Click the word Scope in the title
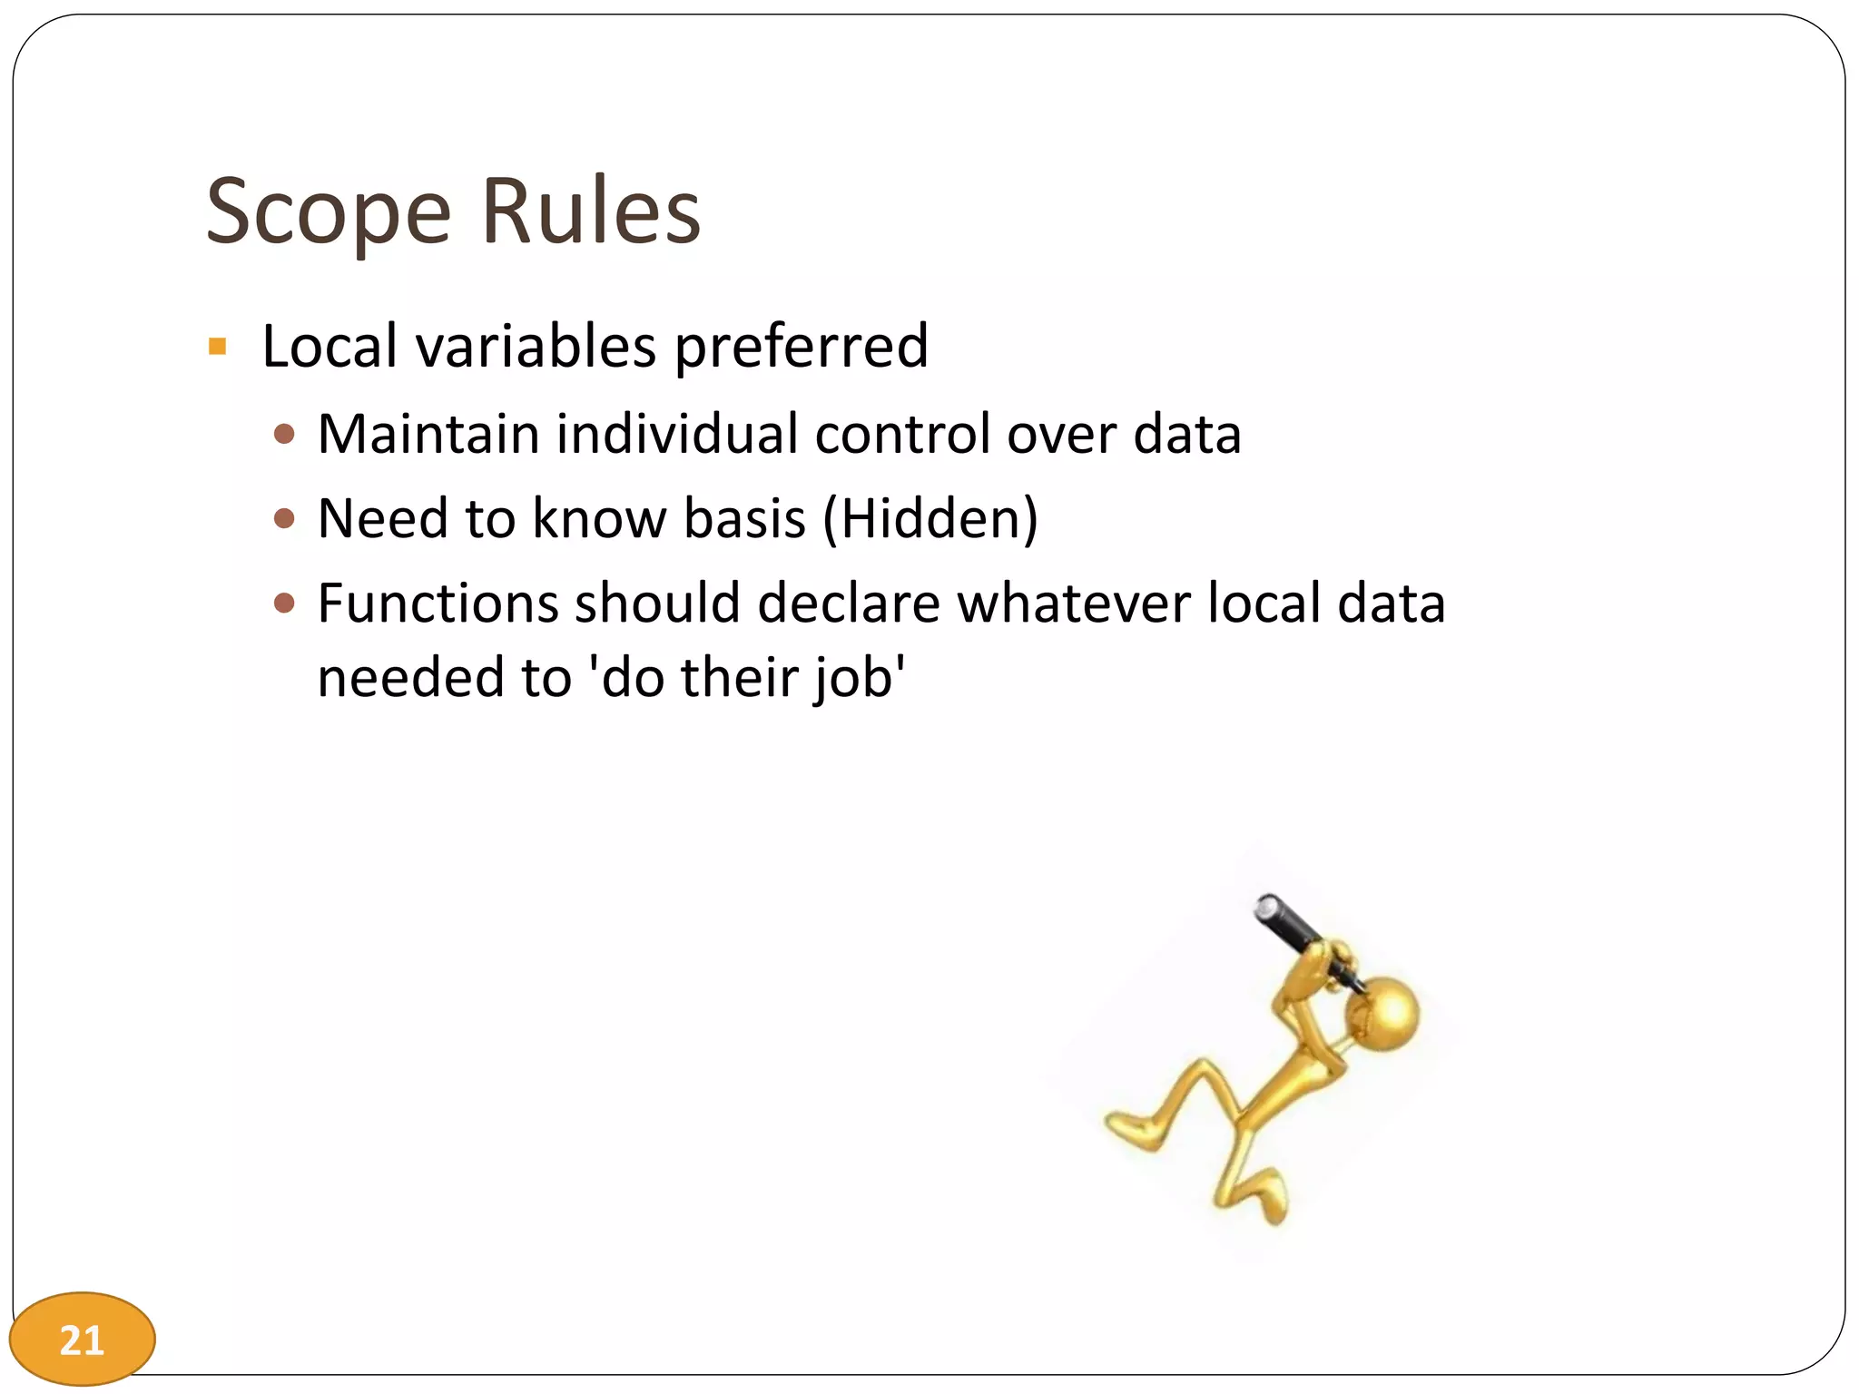[x=328, y=212]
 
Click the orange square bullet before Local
[x=217, y=346]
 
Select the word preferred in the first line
[x=802, y=347]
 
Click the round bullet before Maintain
[x=284, y=434]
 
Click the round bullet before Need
[x=284, y=518]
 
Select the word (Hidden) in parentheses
[x=930, y=519]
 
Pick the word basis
[x=744, y=519]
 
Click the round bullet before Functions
[x=284, y=604]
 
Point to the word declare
[x=849, y=604]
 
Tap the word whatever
[x=1074, y=604]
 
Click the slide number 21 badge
[x=82, y=1340]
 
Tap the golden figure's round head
[x=1383, y=1014]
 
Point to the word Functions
[x=438, y=604]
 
